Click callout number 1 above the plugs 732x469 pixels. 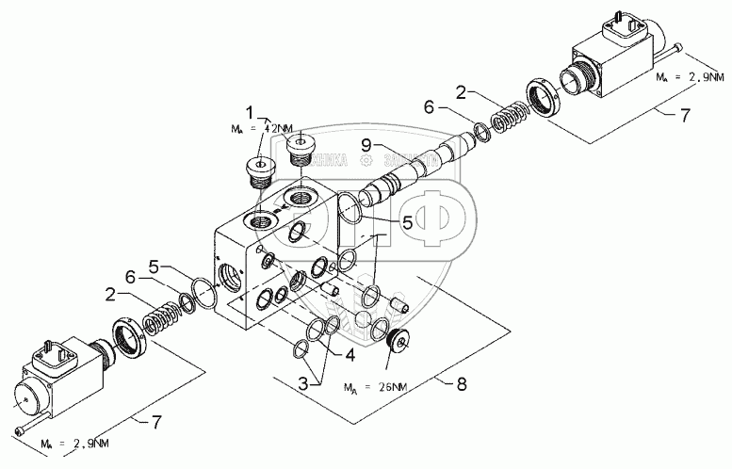click(251, 109)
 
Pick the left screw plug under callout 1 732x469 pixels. click(257, 173)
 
